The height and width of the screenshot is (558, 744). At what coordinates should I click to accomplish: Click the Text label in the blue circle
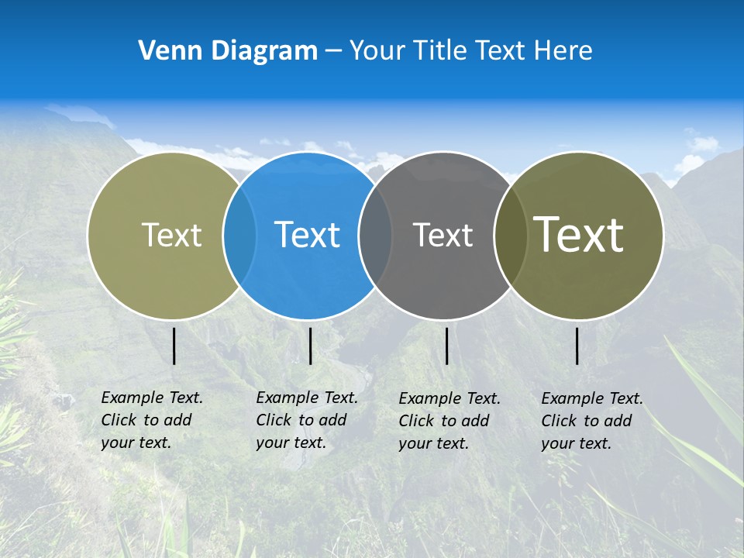click(308, 235)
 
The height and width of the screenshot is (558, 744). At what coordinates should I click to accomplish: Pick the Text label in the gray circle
click(443, 235)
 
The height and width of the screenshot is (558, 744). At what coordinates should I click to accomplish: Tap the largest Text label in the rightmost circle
click(579, 234)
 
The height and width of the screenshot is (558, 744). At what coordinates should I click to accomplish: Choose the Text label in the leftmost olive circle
click(171, 235)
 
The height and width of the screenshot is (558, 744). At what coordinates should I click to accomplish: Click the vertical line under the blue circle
click(310, 346)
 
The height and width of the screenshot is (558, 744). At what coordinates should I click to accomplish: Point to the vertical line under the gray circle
click(447, 346)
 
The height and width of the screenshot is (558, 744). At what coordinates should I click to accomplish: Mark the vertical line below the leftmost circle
click(174, 346)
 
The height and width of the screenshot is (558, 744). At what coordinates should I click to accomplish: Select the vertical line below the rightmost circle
click(577, 346)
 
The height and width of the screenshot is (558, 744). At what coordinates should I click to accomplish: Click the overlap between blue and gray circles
click(375, 235)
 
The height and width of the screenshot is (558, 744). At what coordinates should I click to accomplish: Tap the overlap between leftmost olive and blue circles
click(239, 235)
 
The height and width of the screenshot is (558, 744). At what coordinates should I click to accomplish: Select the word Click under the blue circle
click(273, 420)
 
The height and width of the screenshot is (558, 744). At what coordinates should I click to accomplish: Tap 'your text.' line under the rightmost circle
click(576, 443)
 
